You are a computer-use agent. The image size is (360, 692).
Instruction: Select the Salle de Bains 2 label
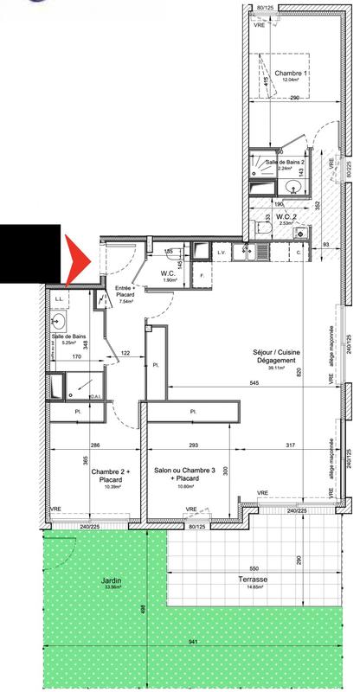[x=285, y=163]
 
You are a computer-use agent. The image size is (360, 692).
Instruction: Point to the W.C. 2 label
[x=281, y=219]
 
